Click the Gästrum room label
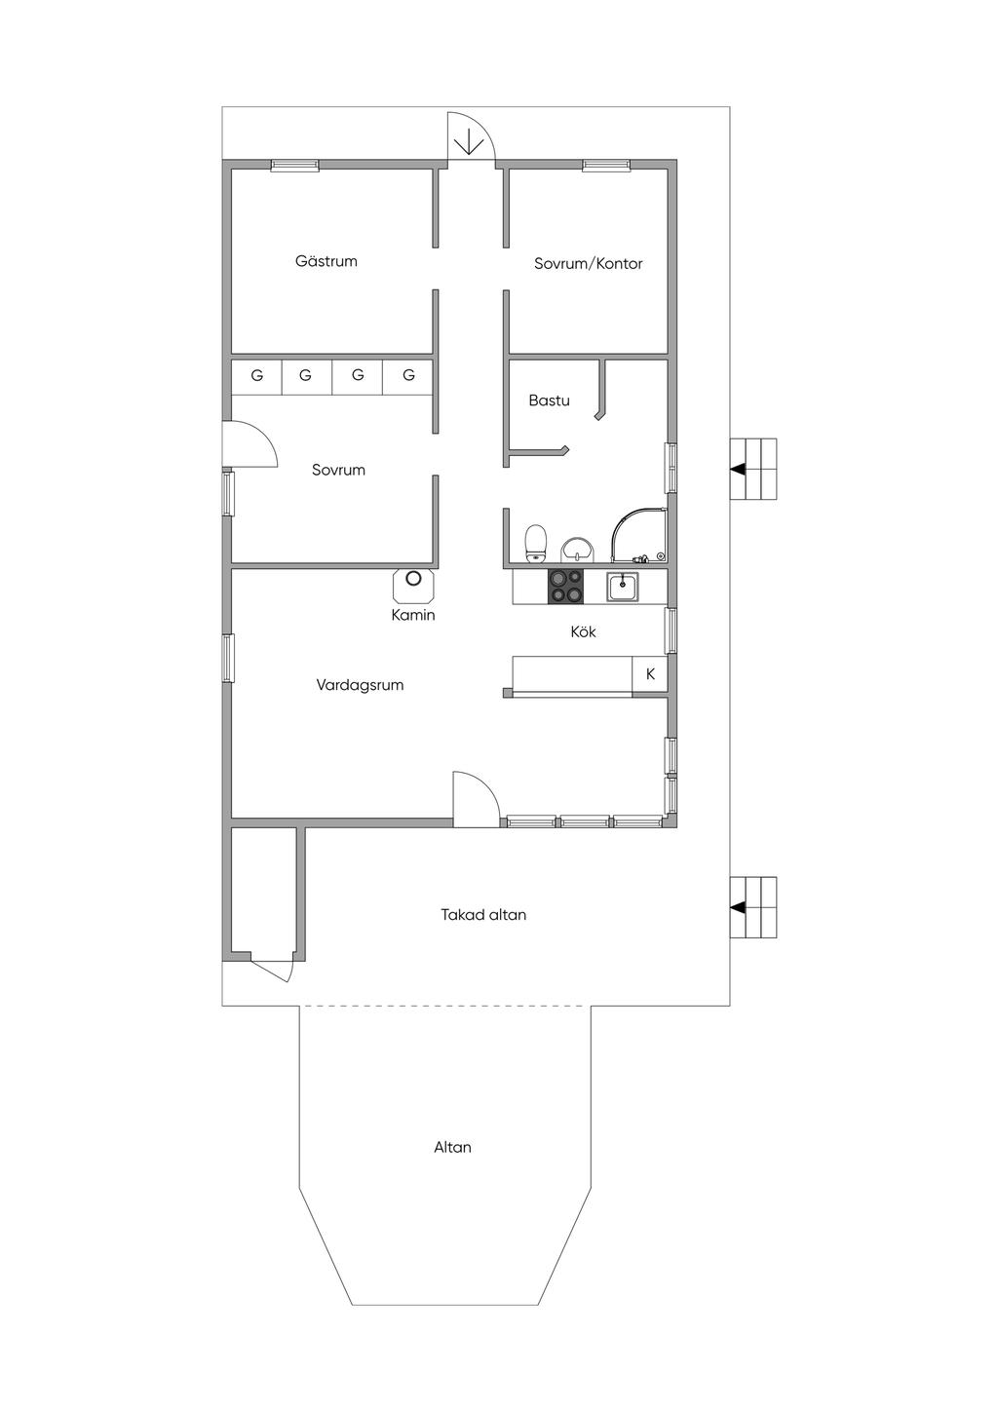point(326,261)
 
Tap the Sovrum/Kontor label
point(588,263)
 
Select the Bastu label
point(550,400)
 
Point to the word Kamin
point(413,615)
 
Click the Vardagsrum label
point(360,685)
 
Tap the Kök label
point(584,631)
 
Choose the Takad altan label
point(483,915)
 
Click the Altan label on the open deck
point(452,1147)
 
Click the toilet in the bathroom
point(536,543)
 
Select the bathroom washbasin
point(577,550)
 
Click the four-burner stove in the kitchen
point(566,587)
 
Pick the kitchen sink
point(623,586)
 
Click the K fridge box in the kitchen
point(650,674)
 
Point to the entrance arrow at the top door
point(467,144)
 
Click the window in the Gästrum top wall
point(294,166)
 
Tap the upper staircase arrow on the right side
point(738,470)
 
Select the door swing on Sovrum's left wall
point(250,444)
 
